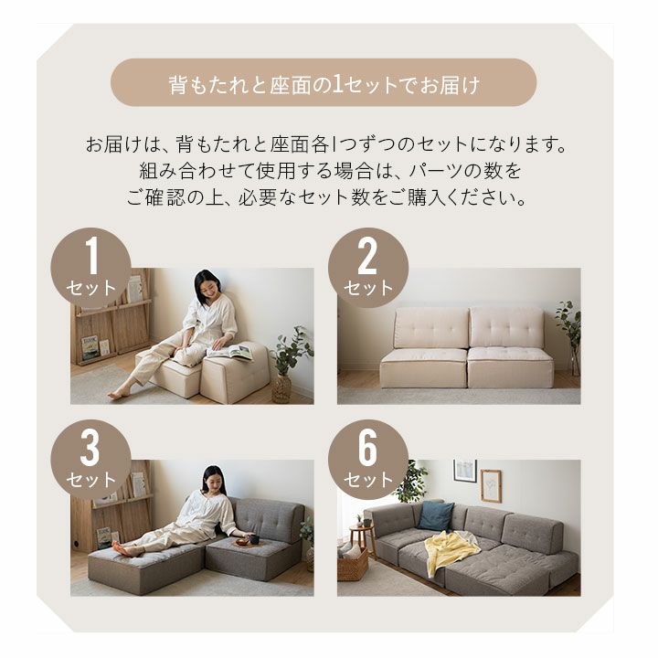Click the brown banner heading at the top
coord(324,82)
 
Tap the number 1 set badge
coord(91,268)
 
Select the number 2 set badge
coord(368,268)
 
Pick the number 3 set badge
coord(91,460)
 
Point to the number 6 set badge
coord(368,460)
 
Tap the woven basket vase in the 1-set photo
coord(281,390)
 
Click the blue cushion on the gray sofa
coord(436,515)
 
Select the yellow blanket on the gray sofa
coord(451,551)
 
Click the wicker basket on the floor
coord(353,565)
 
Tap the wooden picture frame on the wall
coord(491,486)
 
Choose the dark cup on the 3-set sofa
coord(255,539)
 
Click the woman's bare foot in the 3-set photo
coord(121,547)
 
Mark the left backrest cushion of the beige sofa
coord(431,328)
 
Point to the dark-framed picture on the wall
coord(465,471)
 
